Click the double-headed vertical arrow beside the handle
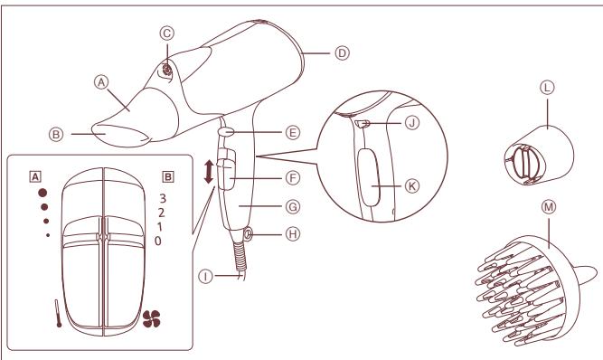click(211, 173)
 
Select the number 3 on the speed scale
click(161, 197)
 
